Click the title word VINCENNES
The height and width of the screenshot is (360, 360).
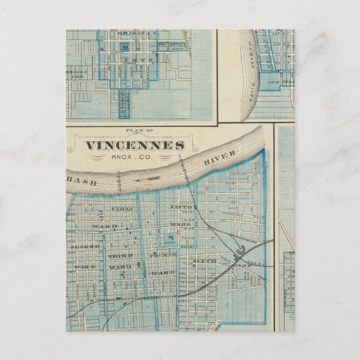pyautogui.click(x=134, y=145)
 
